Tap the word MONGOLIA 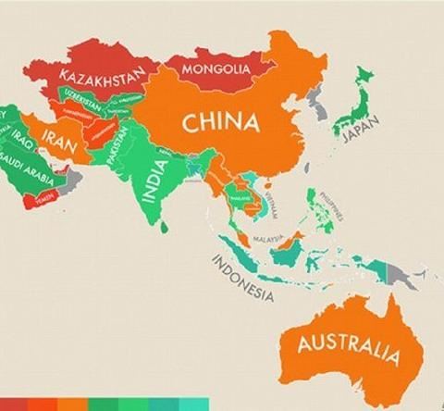(x=216, y=68)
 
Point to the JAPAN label (x=362, y=135)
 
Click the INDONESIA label (x=242, y=279)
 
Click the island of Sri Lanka (x=164, y=223)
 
